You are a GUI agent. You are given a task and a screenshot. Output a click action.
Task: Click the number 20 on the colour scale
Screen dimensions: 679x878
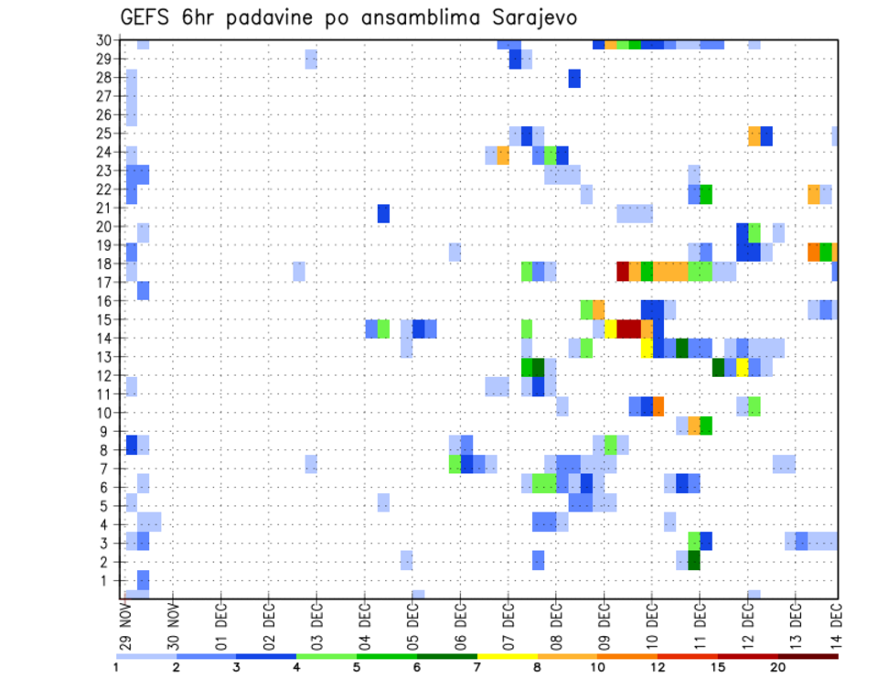[x=779, y=667]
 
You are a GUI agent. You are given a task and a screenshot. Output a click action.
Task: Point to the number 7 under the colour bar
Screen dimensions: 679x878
[x=477, y=667]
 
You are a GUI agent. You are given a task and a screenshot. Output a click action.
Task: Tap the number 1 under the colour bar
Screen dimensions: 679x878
[x=116, y=667]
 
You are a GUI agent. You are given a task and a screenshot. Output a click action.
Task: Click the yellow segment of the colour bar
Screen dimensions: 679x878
[x=507, y=656]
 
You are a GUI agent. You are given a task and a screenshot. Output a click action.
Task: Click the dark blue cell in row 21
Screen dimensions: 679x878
[x=384, y=213]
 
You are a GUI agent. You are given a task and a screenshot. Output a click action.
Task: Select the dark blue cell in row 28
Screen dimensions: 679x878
[x=574, y=79]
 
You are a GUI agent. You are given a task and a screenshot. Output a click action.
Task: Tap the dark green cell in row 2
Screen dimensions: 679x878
[x=693, y=560]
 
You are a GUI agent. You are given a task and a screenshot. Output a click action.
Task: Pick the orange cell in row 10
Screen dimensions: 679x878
[x=658, y=405]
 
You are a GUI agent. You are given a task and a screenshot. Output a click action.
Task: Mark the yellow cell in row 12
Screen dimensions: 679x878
[x=743, y=367]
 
